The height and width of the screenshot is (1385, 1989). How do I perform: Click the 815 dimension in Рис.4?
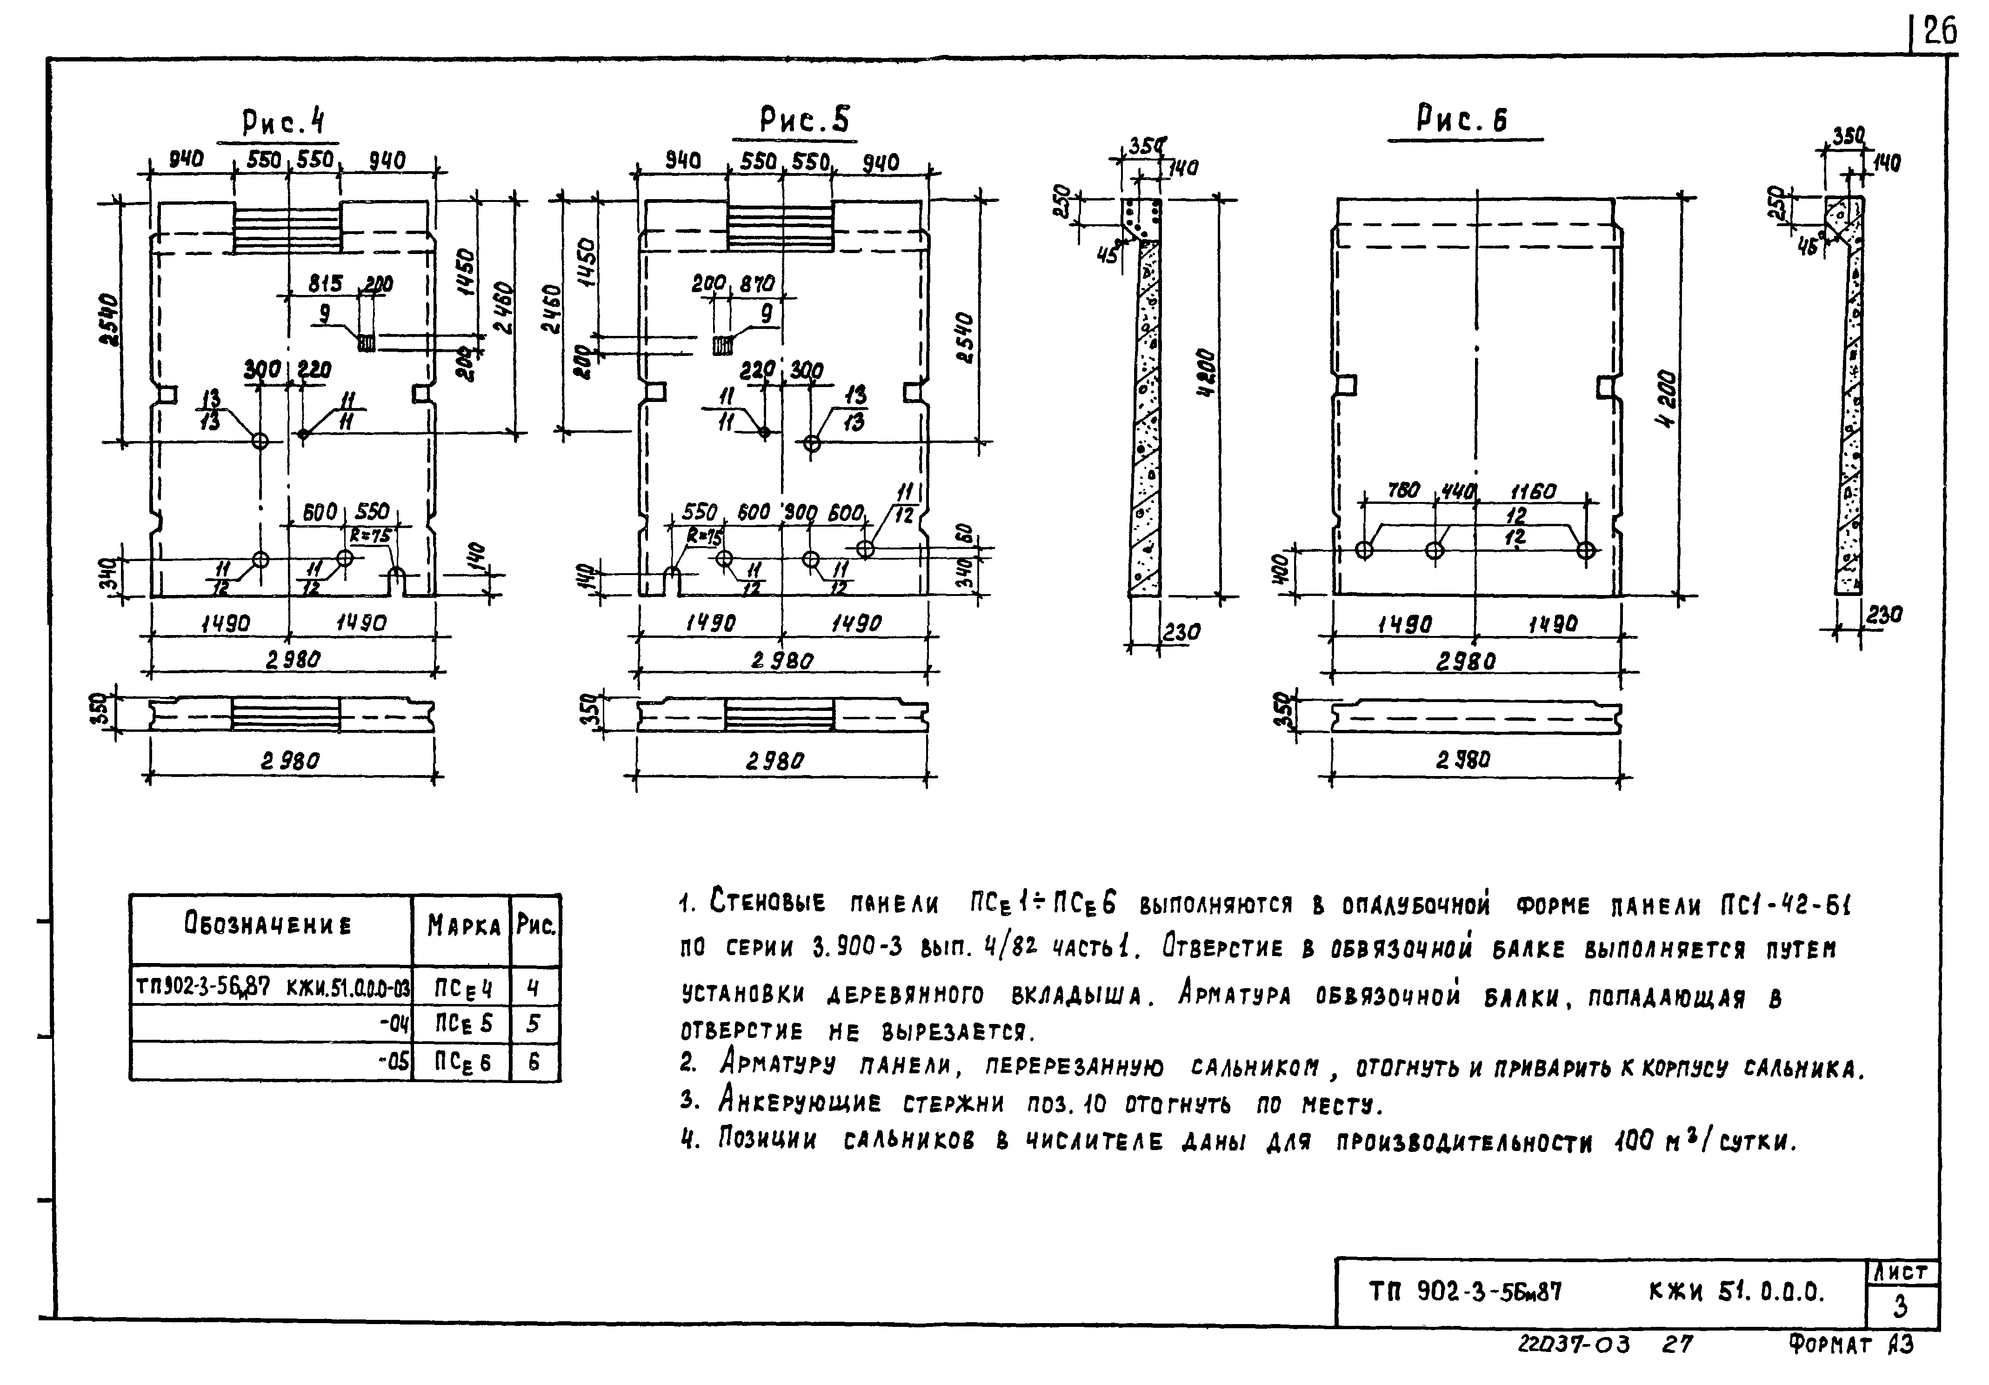326,283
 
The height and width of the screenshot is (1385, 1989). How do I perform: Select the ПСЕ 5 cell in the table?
463,1024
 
